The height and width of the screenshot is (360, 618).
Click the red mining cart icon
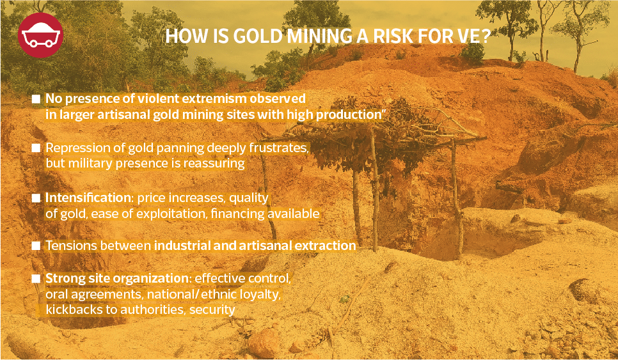40,35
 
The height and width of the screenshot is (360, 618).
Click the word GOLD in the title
257,36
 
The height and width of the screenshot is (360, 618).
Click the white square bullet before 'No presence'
36,99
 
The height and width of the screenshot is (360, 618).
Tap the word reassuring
216,163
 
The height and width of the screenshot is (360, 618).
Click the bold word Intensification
90,198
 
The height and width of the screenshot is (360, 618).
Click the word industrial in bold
183,246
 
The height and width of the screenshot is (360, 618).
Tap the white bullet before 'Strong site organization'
36,278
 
